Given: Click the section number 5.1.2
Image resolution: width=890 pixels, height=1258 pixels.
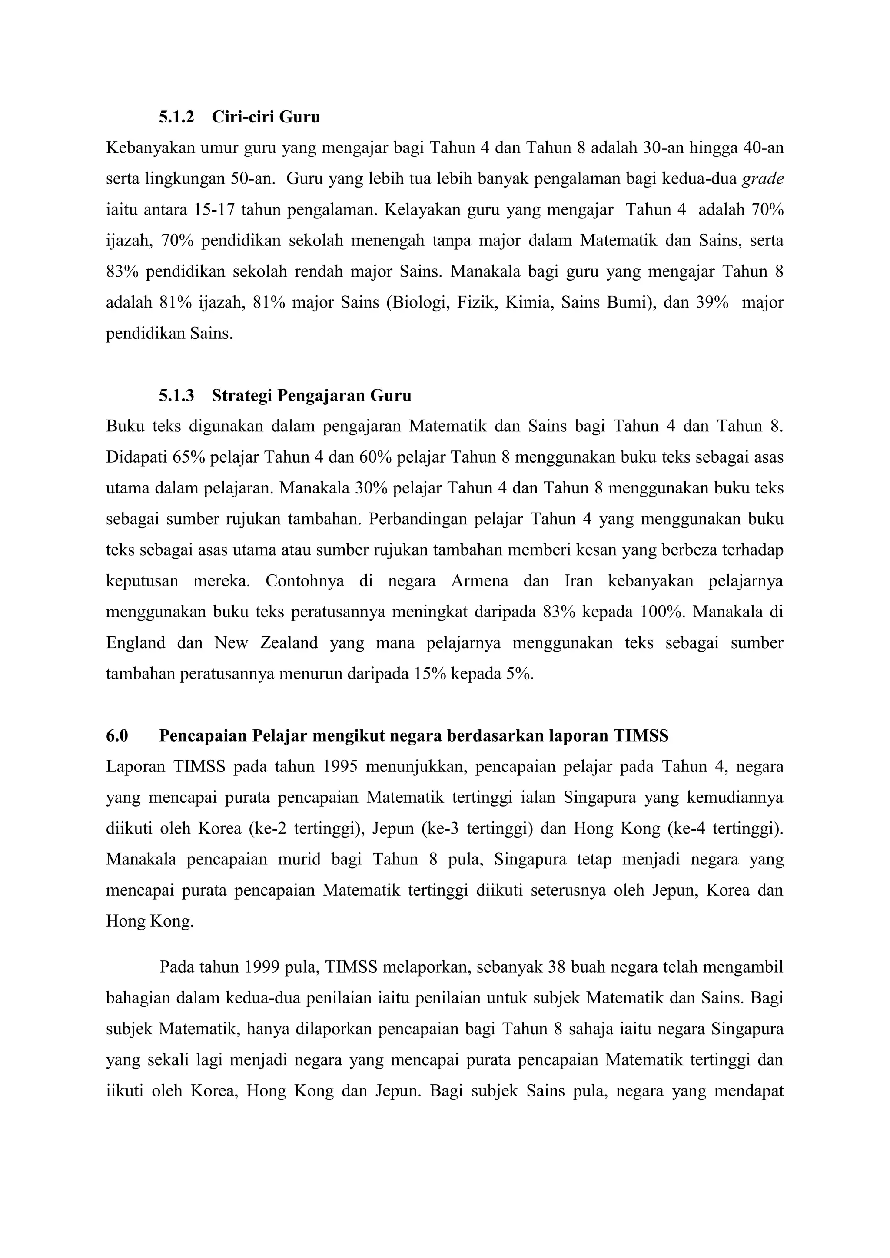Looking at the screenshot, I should click(176, 117).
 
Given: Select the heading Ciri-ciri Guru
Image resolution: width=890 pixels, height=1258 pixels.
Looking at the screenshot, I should click(266, 117).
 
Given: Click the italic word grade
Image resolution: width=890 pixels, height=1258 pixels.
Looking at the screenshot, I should click(762, 179).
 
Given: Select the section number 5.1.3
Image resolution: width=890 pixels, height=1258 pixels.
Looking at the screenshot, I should click(176, 396).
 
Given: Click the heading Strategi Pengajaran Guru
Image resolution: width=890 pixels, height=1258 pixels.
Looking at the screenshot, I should click(311, 396).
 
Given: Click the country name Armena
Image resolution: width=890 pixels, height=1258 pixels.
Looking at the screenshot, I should click(479, 581).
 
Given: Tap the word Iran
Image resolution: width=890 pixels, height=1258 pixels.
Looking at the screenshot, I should click(579, 581).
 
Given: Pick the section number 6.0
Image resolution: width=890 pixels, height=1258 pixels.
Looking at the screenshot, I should click(117, 736).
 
